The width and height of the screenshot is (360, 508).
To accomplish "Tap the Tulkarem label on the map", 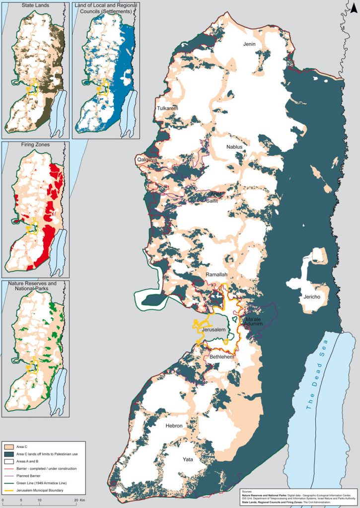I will click(x=167, y=108).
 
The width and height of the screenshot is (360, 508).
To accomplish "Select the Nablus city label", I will click(x=234, y=147).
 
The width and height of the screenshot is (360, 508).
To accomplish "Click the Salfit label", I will click(x=212, y=200).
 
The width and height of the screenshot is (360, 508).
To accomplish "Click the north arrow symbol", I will click(x=351, y=7).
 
